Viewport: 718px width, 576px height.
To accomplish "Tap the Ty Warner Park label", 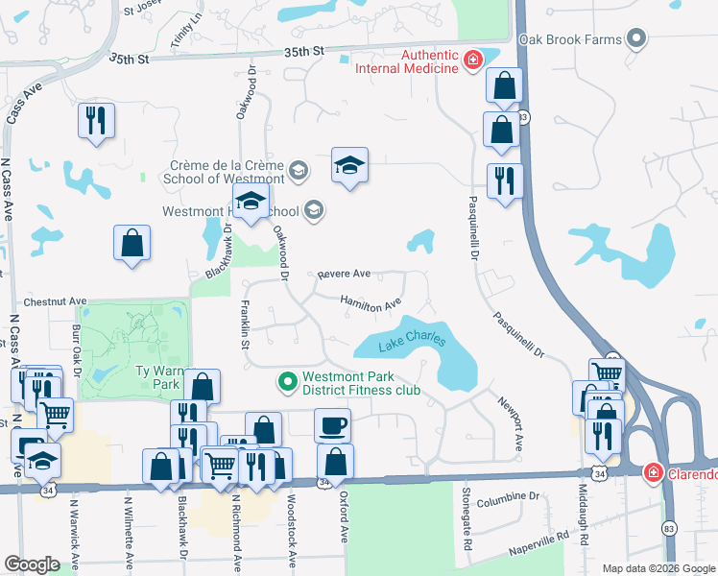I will click(157, 376).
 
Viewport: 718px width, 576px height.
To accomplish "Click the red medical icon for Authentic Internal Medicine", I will click(471, 61).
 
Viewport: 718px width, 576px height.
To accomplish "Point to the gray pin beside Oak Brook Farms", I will click(635, 39).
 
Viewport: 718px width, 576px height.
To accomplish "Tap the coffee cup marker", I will click(333, 424).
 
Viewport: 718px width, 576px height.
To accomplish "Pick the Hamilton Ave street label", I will click(371, 303).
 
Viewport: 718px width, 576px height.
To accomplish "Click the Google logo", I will click(32, 564).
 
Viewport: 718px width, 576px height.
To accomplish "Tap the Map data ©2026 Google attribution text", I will click(658, 568).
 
